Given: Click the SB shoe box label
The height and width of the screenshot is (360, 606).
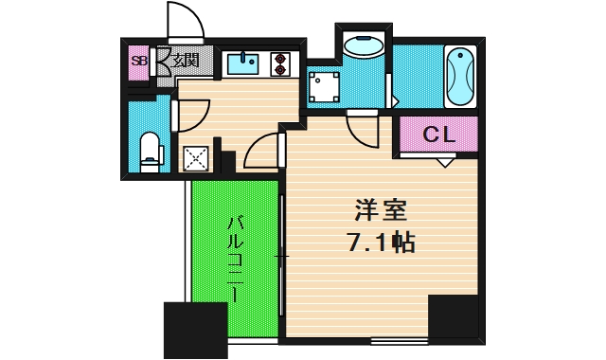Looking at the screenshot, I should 139,63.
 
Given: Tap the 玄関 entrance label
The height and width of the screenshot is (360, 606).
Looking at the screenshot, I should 185,63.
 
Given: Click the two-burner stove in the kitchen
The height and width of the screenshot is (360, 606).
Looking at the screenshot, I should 280,63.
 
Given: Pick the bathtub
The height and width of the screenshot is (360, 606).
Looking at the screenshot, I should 461,76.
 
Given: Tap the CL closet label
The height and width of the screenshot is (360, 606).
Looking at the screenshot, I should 438,135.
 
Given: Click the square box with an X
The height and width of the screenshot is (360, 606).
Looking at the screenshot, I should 197,157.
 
